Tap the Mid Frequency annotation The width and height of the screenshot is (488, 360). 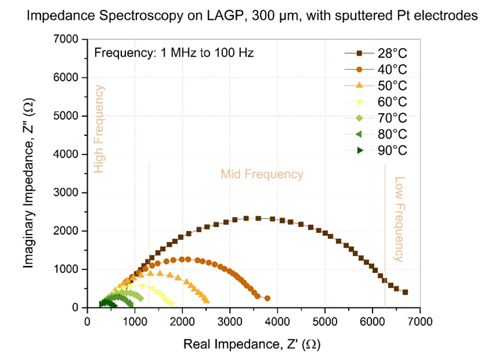click(262, 174)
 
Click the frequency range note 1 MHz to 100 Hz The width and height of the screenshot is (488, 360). click(174, 53)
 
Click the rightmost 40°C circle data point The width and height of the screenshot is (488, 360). click(267, 298)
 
